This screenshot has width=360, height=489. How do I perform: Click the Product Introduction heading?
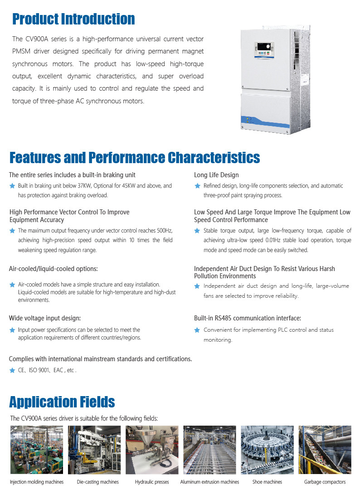click(x=73, y=19)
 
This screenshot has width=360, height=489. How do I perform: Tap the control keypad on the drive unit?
click(x=264, y=49)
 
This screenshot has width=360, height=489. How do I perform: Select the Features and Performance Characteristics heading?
click(x=135, y=158)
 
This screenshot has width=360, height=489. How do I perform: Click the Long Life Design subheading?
click(x=216, y=175)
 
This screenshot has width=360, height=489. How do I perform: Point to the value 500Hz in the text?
click(x=165, y=231)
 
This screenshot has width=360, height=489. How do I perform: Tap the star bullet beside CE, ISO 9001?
click(x=12, y=370)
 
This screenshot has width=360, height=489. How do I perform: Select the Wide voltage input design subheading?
click(x=45, y=318)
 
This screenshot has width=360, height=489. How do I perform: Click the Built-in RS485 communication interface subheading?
click(x=248, y=318)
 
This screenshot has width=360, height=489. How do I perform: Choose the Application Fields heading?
click(x=62, y=402)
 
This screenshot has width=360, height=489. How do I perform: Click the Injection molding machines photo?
click(x=37, y=450)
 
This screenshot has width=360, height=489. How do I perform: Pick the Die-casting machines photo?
click(x=94, y=450)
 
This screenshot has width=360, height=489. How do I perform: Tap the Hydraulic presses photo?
click(x=152, y=450)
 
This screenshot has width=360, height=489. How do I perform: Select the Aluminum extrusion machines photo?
click(x=209, y=450)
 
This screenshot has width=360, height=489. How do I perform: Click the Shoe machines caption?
click(x=267, y=482)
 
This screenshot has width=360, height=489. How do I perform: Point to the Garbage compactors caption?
click(x=325, y=482)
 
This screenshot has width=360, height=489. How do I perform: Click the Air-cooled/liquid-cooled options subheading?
click(x=54, y=269)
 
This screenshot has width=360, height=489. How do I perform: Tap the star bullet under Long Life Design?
click(x=197, y=186)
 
